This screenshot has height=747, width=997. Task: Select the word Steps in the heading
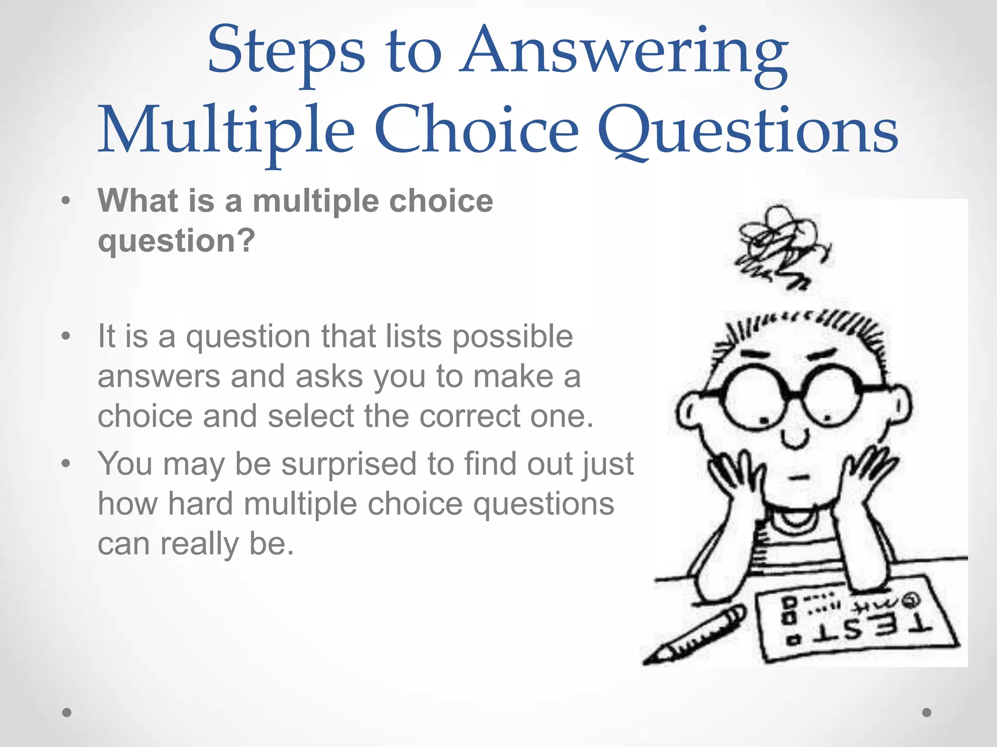tap(286, 53)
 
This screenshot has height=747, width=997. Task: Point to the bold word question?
tap(176, 241)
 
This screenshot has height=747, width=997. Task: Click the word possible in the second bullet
tap(513, 337)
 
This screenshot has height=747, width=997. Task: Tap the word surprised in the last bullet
tap(349, 464)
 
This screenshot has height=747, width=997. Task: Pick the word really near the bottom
tap(200, 544)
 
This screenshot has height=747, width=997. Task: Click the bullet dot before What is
tap(66, 201)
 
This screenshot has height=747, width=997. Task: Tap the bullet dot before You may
tap(66, 463)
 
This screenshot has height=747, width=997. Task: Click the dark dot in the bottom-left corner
tap(67, 712)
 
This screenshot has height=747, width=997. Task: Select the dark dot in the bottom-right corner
tap(926, 712)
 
